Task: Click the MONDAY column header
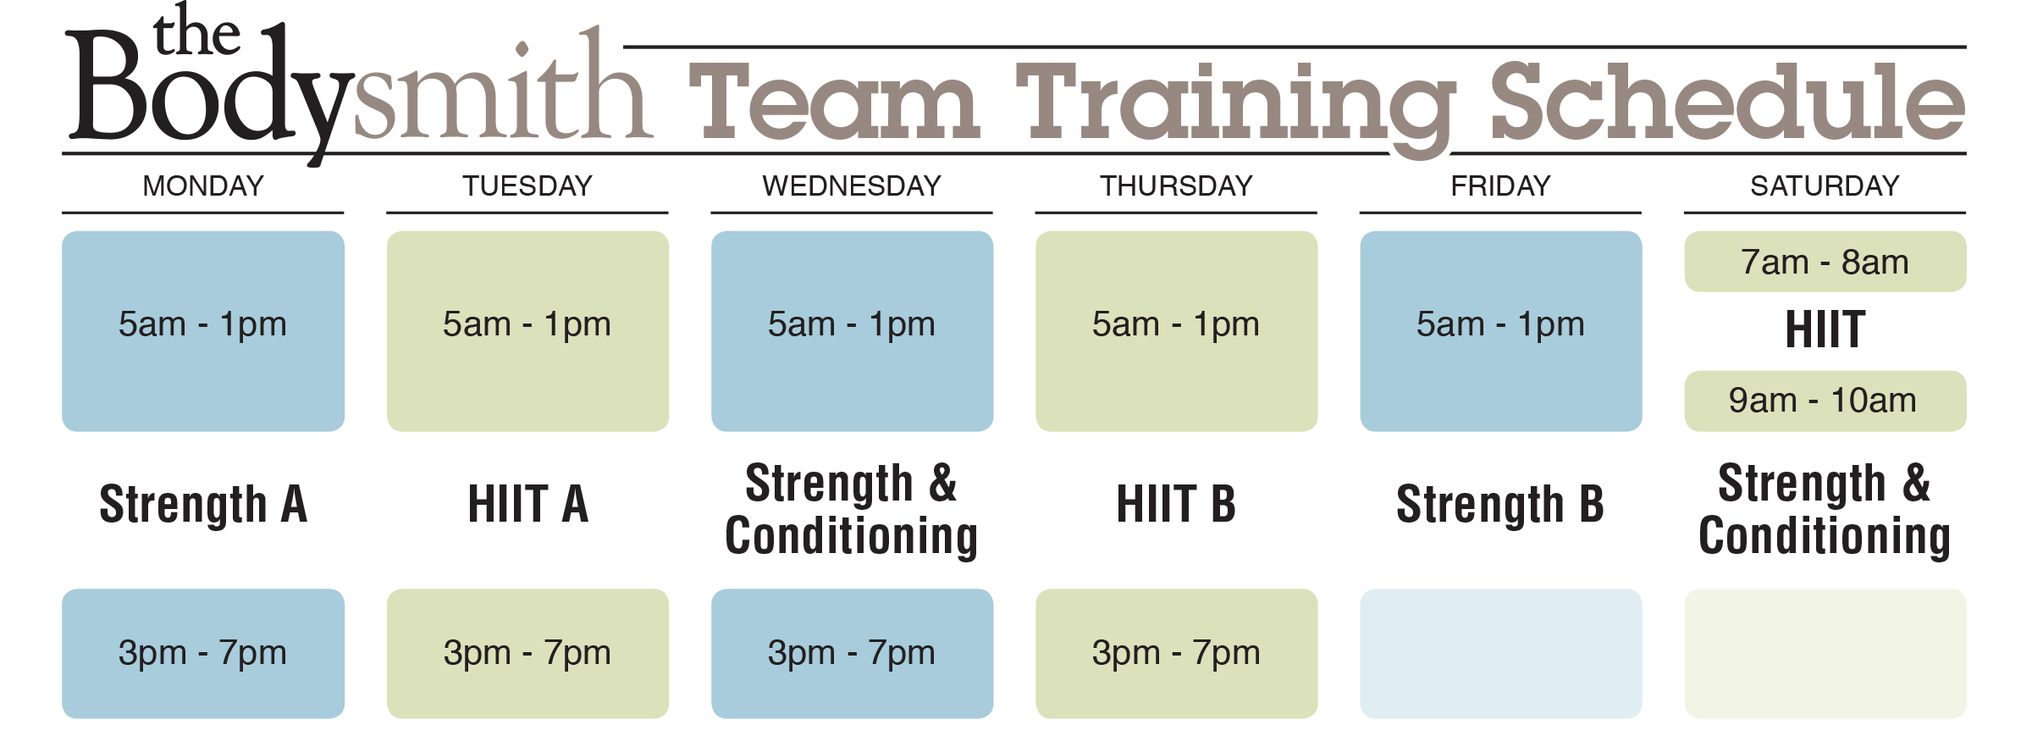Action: pos(203,185)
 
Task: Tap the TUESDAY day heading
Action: pos(527,185)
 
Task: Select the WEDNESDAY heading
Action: pos(852,185)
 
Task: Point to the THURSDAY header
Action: pos(1176,185)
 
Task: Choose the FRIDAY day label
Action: pos(1500,185)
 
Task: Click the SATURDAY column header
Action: pos(1825,185)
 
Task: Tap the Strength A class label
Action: pos(203,505)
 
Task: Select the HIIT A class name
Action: pos(527,504)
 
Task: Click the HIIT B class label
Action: pos(1176,504)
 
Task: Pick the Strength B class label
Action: pos(1500,505)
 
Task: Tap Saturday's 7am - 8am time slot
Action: pos(1825,262)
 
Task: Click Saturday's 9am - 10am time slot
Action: pos(1825,401)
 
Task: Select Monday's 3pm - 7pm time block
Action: pos(203,653)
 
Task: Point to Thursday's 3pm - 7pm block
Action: pos(1176,653)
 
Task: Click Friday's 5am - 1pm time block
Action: pos(1501,331)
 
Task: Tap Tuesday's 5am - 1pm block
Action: pos(527,331)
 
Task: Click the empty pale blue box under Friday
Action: pos(1501,653)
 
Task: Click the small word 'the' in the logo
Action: pos(196,31)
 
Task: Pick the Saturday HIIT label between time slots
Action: pos(1825,329)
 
